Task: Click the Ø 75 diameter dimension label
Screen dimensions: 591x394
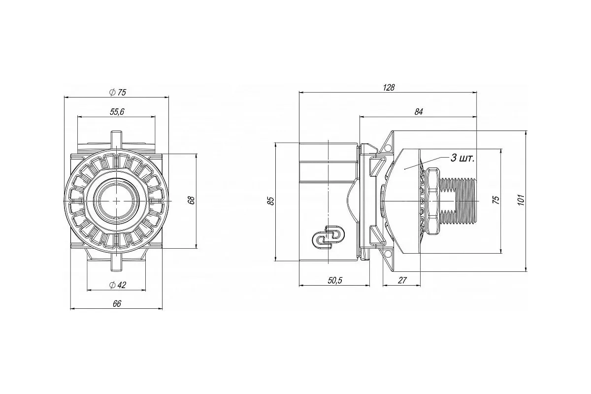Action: pos(118,93)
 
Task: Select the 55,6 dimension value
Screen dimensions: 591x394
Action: pos(117,112)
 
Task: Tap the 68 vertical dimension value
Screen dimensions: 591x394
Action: pos(192,200)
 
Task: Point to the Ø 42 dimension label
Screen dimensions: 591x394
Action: pos(118,285)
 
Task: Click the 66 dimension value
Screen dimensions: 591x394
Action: pos(117,304)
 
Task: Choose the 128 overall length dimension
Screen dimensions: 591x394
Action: pos(389,88)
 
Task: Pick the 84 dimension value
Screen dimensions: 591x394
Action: pos(419,112)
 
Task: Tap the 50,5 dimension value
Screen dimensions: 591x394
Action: pos(335,280)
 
